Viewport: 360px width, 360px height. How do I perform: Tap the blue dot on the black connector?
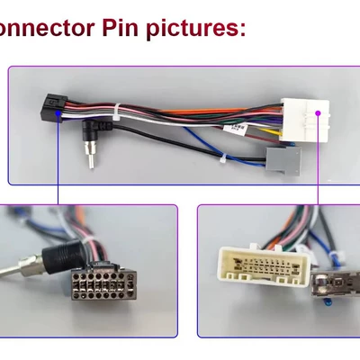58,113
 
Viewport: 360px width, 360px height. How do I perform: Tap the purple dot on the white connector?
318,113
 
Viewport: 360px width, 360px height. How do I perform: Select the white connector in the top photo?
305,120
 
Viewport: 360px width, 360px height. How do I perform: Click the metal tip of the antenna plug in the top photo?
91,157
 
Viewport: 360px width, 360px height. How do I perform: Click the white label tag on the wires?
235,130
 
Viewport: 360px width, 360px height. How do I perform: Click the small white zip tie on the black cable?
223,158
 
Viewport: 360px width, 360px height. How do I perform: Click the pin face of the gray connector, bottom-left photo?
104,285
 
